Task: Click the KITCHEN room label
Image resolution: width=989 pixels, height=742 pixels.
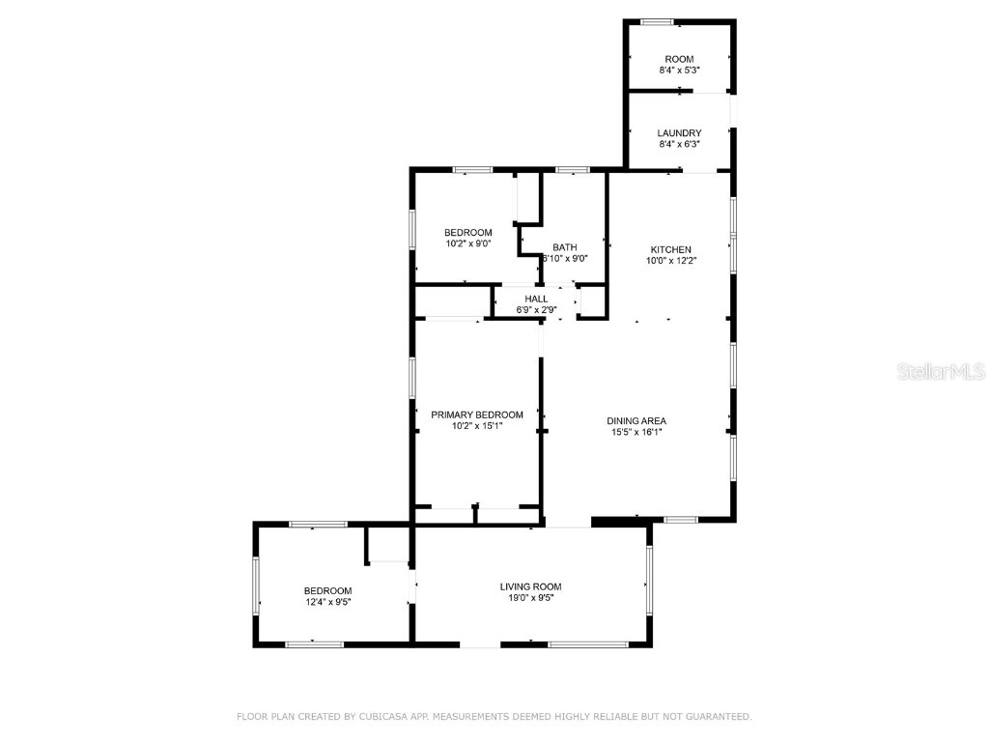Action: [670, 249]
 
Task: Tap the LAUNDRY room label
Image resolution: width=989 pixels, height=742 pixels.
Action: [679, 133]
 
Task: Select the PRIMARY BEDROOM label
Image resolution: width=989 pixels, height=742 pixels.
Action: [477, 414]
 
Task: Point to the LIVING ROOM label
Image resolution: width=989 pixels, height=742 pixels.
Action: [530, 586]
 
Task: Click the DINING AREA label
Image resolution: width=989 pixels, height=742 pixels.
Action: [636, 420]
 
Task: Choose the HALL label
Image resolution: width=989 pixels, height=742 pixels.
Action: [536, 299]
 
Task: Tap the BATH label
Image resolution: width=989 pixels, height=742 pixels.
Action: [564, 247]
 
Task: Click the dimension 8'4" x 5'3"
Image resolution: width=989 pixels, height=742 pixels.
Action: [679, 71]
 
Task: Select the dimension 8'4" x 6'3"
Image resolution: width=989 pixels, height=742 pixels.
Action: [679, 144]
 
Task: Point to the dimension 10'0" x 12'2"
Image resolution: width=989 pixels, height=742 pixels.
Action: [670, 260]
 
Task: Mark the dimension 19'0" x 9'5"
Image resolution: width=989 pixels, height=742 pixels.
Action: [530, 598]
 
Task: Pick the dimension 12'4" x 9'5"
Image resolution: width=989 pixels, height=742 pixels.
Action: [327, 602]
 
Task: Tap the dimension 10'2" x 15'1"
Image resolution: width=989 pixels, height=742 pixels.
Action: [477, 425]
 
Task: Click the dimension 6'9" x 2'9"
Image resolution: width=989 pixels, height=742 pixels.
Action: [536, 310]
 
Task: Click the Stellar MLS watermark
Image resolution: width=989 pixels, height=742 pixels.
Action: [941, 371]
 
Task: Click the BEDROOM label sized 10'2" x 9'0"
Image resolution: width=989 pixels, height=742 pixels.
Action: [468, 232]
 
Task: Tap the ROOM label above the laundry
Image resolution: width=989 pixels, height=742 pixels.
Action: [679, 60]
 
